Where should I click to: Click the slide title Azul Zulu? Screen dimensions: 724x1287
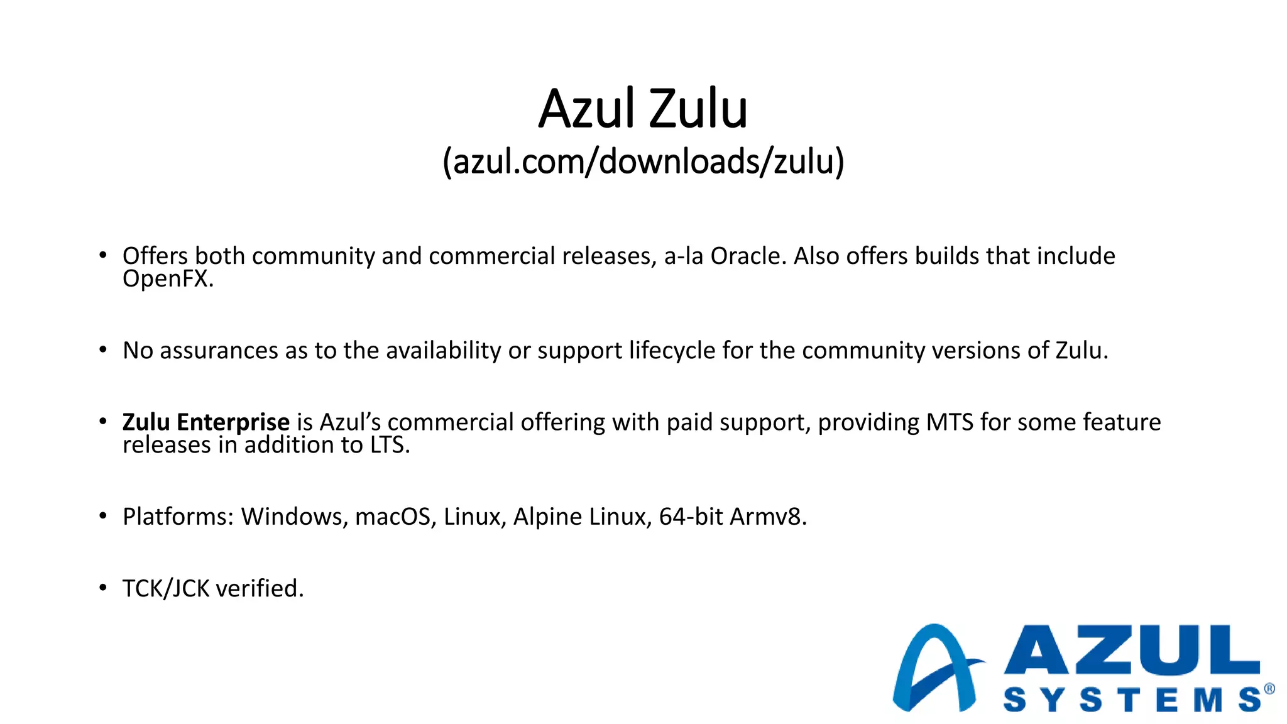coord(643,109)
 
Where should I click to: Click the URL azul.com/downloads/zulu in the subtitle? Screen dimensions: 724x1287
coord(643,162)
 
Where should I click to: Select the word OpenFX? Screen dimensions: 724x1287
coord(168,278)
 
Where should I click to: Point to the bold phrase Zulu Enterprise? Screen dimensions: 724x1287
coord(205,422)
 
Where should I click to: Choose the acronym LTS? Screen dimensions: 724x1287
coord(389,445)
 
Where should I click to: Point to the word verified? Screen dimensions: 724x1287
coord(260,589)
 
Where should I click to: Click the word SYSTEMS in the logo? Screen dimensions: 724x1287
coord(1131,699)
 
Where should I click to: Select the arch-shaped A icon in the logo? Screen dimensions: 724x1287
coord(935,669)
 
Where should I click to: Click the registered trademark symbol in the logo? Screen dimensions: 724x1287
coord(1269,689)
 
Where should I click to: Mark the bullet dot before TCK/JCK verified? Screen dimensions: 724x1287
coord(103,588)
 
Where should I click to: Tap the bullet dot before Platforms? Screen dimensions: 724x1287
coord(103,516)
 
